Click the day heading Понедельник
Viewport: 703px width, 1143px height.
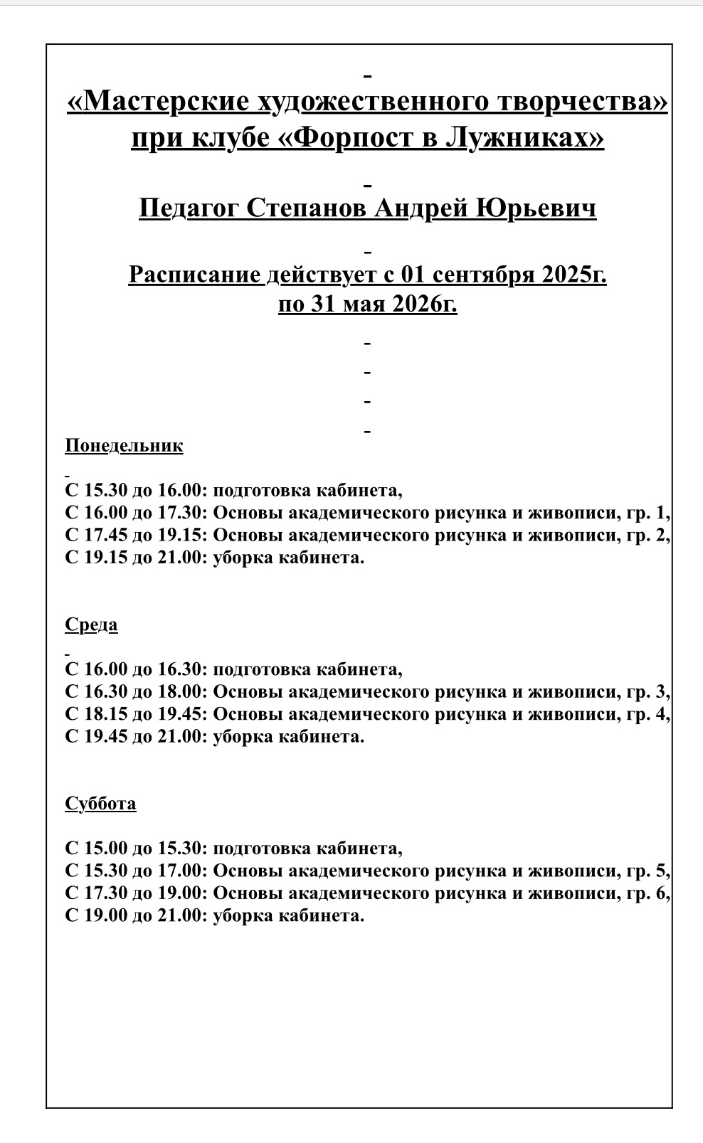[x=124, y=446]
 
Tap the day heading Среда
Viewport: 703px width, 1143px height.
[x=91, y=625]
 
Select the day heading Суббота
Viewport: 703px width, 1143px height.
[x=100, y=804]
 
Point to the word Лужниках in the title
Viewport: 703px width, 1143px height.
[x=524, y=137]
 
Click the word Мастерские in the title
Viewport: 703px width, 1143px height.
[x=159, y=102]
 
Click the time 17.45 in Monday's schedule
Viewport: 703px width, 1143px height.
[x=105, y=535]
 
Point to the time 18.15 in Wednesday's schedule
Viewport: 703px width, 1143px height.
[x=105, y=714]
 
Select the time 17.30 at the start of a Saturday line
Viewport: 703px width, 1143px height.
[x=105, y=893]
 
